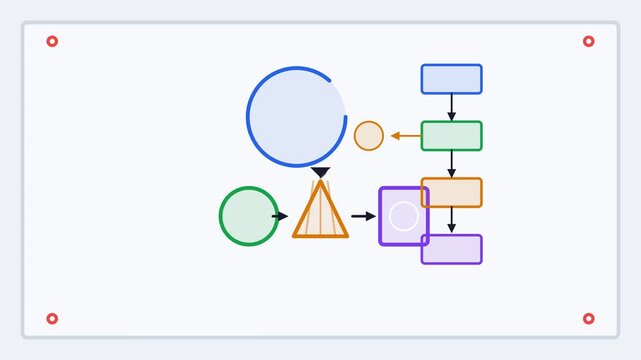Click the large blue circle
pyautogui.click(x=296, y=116)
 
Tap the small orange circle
pyautogui.click(x=369, y=136)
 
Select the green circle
pyautogui.click(x=248, y=216)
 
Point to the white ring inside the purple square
pyautogui.click(x=403, y=216)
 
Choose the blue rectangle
pyautogui.click(x=451, y=79)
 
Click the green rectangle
pyautogui.click(x=451, y=136)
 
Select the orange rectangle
pyautogui.click(x=451, y=192)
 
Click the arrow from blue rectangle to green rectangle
pyautogui.click(x=451, y=107)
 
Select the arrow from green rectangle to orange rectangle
pyautogui.click(x=451, y=164)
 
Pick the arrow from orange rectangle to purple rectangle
pyautogui.click(x=451, y=220)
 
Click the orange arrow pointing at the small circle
pyautogui.click(x=405, y=136)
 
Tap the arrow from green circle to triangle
pyautogui.click(x=280, y=216)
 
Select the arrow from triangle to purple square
pyautogui.click(x=363, y=216)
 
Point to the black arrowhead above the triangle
pyautogui.click(x=320, y=173)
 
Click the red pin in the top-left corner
pyautogui.click(x=52, y=41)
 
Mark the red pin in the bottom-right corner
pyautogui.click(x=588, y=319)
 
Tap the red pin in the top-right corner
pyautogui.click(x=588, y=41)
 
